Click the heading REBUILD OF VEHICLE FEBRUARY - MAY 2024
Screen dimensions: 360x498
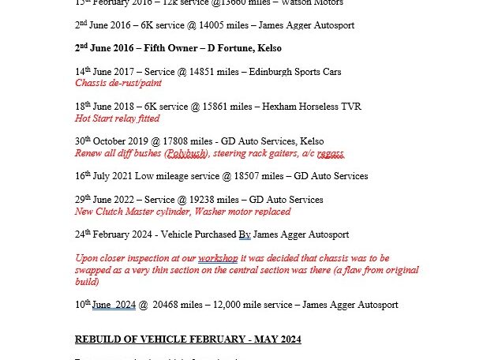pyautogui.click(x=188, y=339)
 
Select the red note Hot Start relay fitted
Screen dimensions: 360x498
pyautogui.click(x=117, y=118)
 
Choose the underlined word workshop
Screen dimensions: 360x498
pyautogui.click(x=217, y=258)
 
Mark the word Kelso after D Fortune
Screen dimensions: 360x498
pyautogui.click(x=267, y=48)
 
